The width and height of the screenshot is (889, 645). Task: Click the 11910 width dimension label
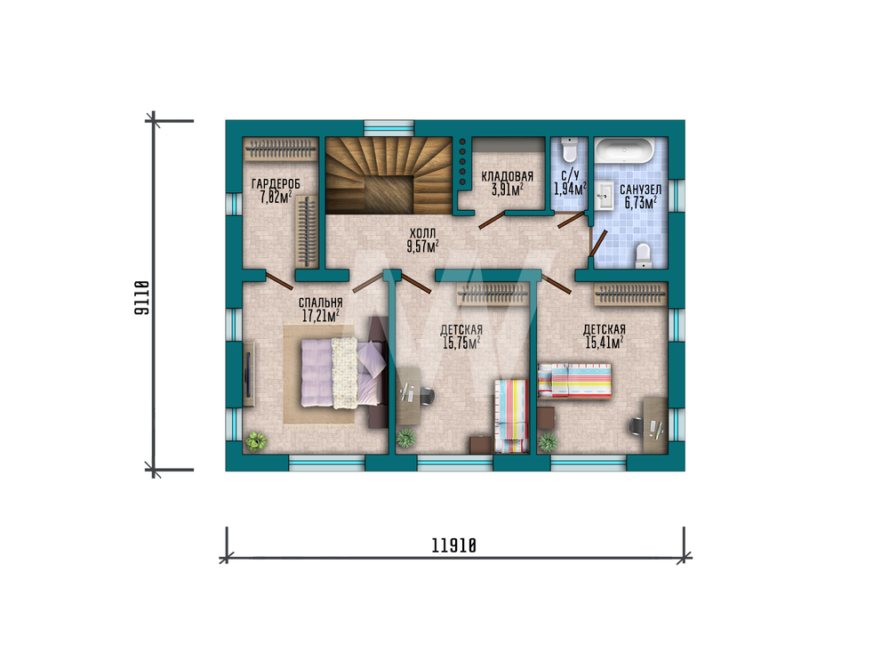[453, 545]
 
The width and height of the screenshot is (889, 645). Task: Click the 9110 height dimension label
[141, 298]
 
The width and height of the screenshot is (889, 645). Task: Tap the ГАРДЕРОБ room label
[276, 184]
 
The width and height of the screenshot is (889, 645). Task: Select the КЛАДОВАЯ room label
[508, 176]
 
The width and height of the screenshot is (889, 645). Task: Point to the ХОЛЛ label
[423, 233]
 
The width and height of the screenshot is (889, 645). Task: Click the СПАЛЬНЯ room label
[320, 303]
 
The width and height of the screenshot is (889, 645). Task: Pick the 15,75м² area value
[461, 342]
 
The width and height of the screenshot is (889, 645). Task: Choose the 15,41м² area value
[605, 342]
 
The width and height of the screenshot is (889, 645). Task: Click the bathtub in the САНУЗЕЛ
[624, 151]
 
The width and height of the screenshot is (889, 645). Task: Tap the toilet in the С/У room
[569, 150]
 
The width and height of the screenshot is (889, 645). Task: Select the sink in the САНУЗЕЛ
[605, 196]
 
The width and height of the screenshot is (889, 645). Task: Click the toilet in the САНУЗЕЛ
[644, 255]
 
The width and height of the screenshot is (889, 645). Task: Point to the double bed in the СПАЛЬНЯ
[343, 372]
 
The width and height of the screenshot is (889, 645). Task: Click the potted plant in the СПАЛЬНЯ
[256, 440]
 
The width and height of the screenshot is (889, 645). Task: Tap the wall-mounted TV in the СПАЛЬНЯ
[248, 375]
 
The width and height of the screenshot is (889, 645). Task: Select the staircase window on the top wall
[389, 128]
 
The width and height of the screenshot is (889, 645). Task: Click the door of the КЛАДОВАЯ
[492, 220]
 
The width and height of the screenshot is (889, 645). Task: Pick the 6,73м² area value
[641, 203]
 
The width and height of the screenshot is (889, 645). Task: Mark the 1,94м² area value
[570, 189]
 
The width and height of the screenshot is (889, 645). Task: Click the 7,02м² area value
[276, 197]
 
